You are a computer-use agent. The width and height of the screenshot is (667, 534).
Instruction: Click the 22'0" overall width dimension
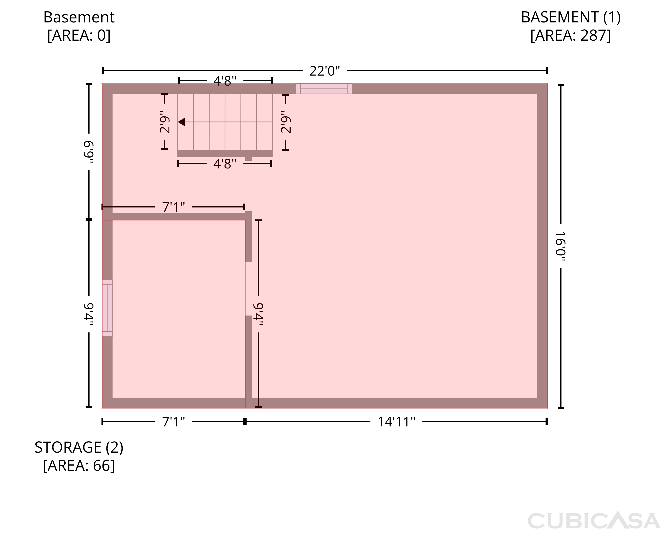pos(325,71)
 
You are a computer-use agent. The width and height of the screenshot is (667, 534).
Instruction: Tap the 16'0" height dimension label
pos(560,246)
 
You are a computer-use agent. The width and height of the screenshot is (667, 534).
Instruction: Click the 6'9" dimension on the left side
pos(89,152)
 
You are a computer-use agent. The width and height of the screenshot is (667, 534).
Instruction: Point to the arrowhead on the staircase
pos(182,122)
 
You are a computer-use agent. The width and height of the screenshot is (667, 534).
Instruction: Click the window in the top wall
pos(323,89)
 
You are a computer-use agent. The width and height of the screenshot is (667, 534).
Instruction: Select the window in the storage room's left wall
pos(107,308)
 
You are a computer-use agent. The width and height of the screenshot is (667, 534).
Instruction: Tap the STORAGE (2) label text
pos(79,447)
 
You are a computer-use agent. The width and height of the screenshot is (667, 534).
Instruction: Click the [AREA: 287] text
pos(571,35)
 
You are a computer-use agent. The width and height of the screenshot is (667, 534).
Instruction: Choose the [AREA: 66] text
pos(79,466)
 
